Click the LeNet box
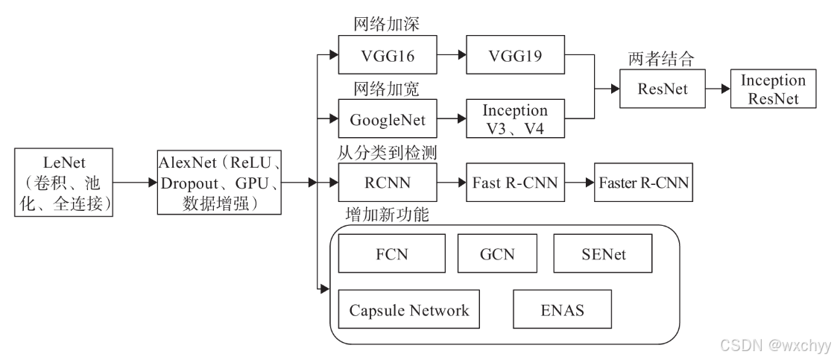tap(64, 181)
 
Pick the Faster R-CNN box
tap(643, 181)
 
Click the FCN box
tap(391, 254)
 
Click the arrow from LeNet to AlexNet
tap(136, 181)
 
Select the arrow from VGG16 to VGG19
tap(449, 55)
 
